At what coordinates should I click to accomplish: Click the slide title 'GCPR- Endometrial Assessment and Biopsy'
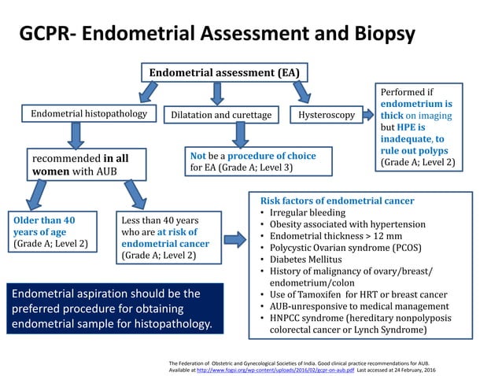(x=216, y=34)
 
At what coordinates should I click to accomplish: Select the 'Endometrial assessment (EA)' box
(x=224, y=73)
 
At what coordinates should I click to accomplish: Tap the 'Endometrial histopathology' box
(x=89, y=115)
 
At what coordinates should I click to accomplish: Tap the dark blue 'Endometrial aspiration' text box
(x=111, y=308)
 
